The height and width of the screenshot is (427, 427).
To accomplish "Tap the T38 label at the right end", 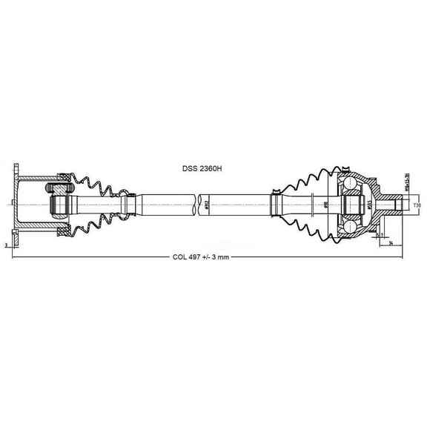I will pos(417,205).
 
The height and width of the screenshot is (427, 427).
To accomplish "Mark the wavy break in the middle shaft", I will pos(198,201).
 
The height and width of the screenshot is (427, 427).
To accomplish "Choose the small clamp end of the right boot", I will pos(276,202).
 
